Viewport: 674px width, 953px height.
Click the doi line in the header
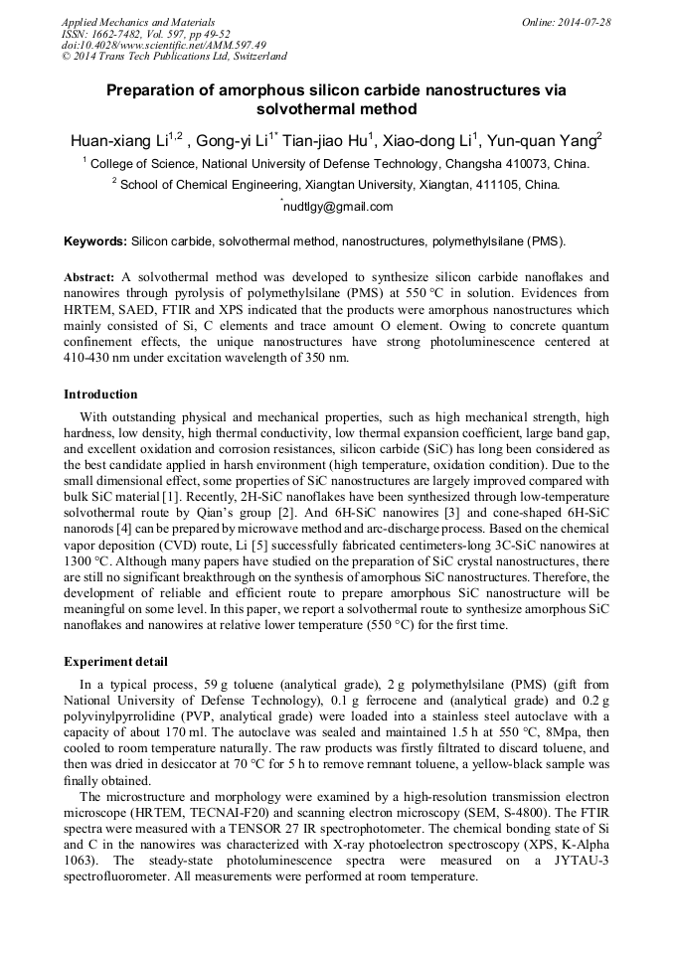(x=164, y=46)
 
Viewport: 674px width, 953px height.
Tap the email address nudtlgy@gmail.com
(x=338, y=208)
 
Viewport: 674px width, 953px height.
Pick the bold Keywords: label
(x=95, y=241)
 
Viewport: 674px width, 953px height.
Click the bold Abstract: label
(x=90, y=277)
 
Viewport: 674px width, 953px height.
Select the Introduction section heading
(x=100, y=395)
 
